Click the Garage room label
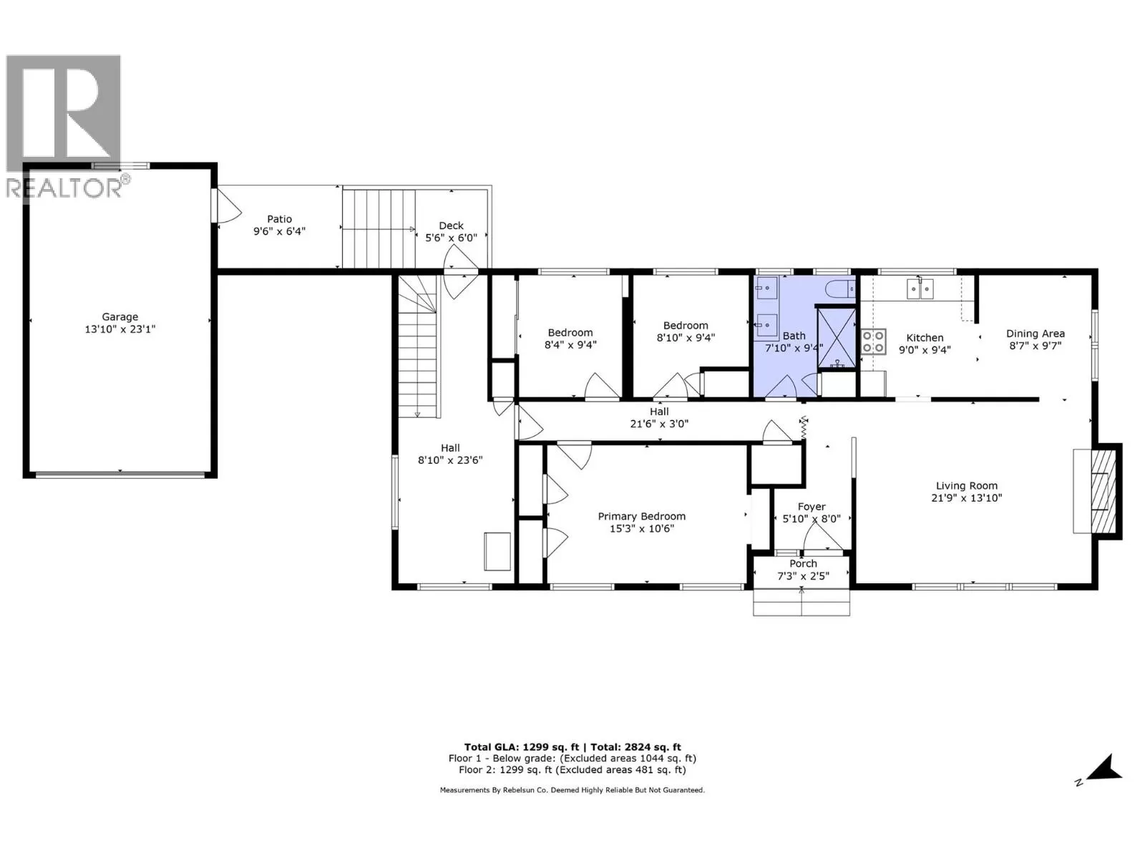pos(120,316)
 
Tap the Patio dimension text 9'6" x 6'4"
pos(279,231)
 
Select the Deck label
pos(452,225)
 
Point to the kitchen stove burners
pos(873,341)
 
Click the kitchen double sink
pos(920,288)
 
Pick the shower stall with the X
pos(836,338)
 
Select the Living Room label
pos(967,485)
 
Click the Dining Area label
pos(1036,334)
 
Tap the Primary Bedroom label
pos(642,516)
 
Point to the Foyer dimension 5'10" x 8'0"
pos(812,519)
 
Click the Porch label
pos(804,563)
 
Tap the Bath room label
pos(794,336)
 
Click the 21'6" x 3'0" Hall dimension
pos(659,424)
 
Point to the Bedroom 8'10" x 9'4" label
pos(686,331)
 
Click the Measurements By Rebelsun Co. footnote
pos(572,790)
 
